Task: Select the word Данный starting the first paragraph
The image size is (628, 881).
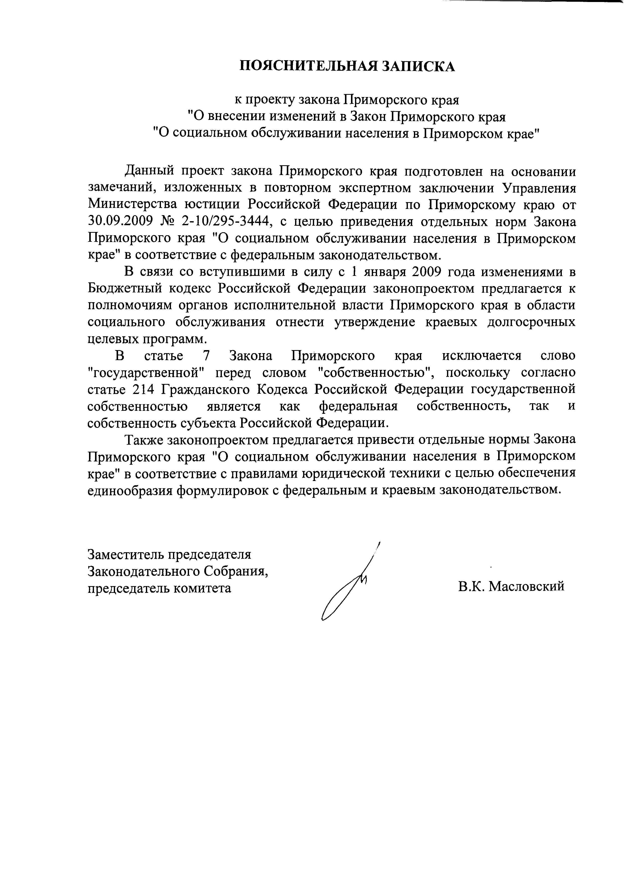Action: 148,171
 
